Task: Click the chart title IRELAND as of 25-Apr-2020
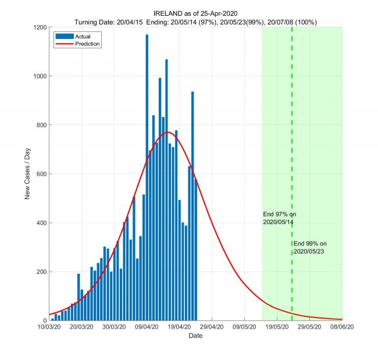pyautogui.click(x=195, y=13)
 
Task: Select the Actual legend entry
pyautogui.click(x=75, y=36)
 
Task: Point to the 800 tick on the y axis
pyautogui.click(x=40, y=125)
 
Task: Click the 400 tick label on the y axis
pyautogui.click(x=40, y=223)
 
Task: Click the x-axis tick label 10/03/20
pyautogui.click(x=49, y=327)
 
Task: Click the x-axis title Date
pyautogui.click(x=195, y=336)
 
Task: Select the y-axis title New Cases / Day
pyautogui.click(x=27, y=174)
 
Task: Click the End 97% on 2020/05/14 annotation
pyautogui.click(x=280, y=218)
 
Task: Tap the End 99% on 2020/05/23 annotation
pyautogui.click(x=311, y=247)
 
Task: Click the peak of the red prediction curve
pyautogui.click(x=168, y=132)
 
